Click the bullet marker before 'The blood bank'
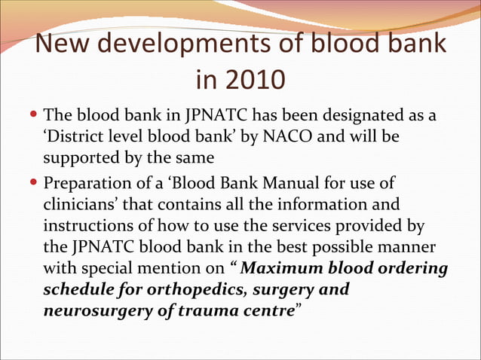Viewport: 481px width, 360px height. click(x=36, y=117)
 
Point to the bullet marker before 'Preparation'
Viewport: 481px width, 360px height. click(x=36, y=183)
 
